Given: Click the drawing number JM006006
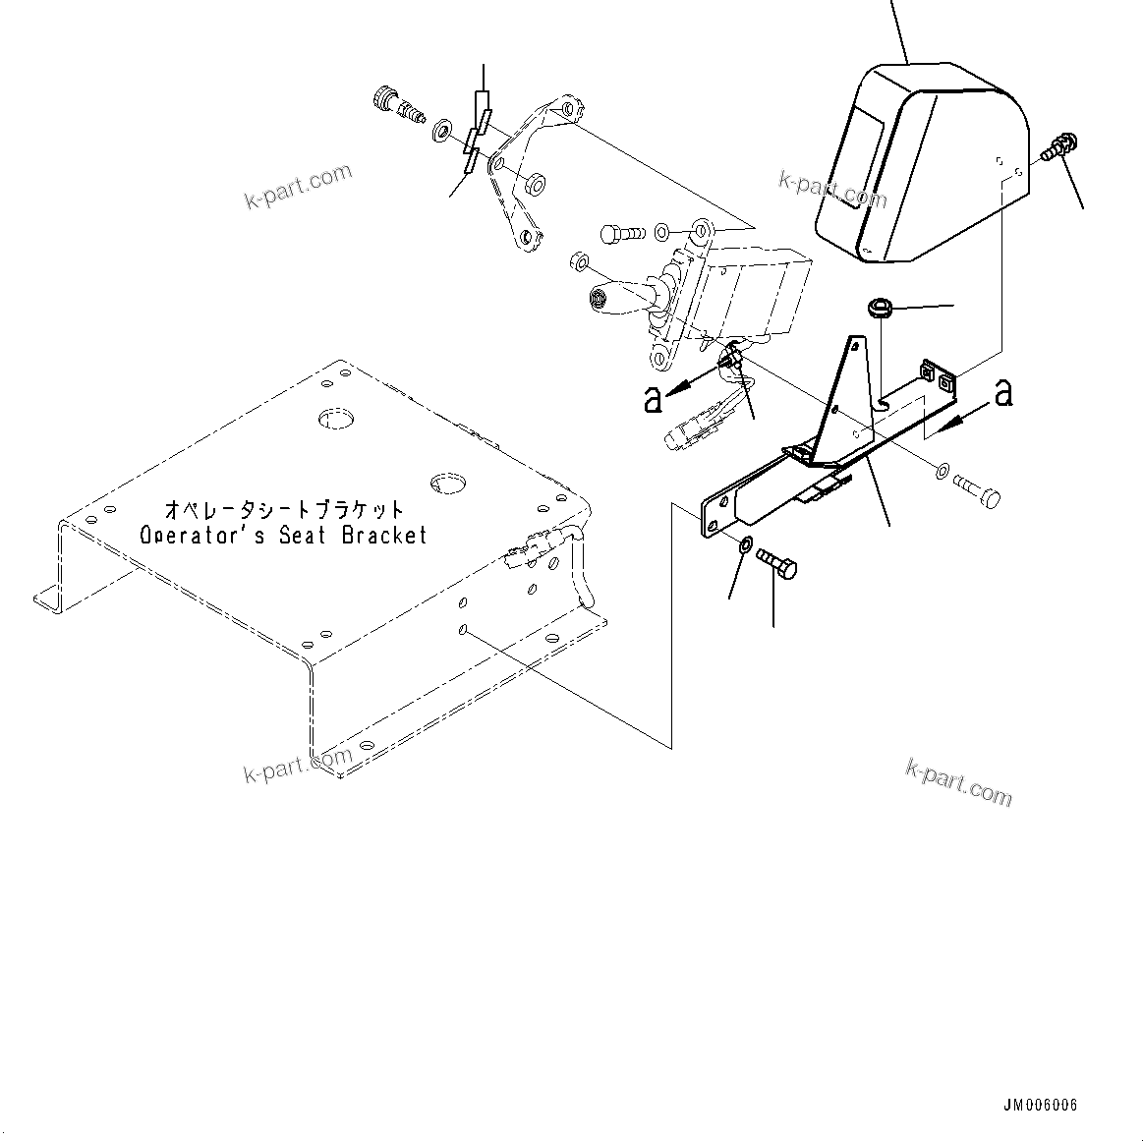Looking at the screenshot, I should click(1040, 1105).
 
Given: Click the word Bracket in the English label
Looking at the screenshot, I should click(385, 536).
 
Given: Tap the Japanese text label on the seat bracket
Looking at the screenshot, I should click(284, 510).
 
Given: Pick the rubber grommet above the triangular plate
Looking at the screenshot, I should click(880, 310).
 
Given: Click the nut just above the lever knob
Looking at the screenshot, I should click(579, 262).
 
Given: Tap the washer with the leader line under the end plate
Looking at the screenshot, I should click(745, 545).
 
